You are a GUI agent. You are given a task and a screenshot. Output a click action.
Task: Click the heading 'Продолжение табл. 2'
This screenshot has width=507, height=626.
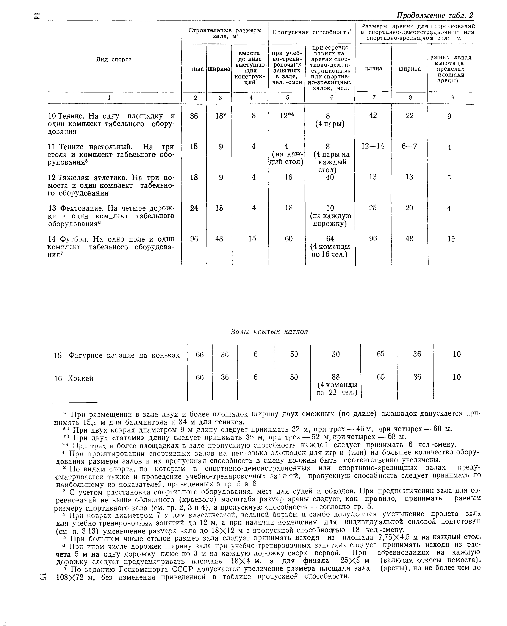(434, 15)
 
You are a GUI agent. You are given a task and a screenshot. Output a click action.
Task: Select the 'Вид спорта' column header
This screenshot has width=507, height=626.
(114, 59)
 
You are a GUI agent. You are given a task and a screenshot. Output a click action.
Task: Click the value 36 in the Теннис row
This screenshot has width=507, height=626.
(194, 116)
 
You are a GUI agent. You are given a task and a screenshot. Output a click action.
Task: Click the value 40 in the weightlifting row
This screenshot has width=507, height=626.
(330, 177)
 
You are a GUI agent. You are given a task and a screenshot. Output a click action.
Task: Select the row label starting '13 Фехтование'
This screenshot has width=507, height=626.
(111, 216)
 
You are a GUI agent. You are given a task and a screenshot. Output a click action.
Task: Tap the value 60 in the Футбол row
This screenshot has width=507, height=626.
(289, 239)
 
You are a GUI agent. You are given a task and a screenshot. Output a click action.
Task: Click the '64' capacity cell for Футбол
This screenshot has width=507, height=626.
(330, 239)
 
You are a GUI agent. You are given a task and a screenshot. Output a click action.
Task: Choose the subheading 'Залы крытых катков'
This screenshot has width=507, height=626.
(269, 332)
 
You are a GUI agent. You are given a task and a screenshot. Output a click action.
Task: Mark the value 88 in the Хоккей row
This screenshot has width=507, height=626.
(336, 377)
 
